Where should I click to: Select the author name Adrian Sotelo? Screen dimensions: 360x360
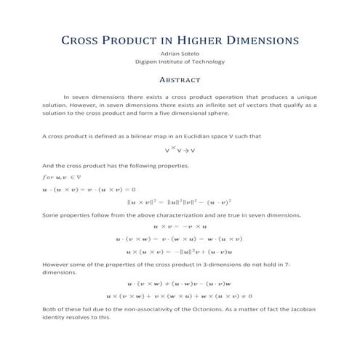(179, 54)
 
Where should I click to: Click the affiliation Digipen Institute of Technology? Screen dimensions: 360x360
(180, 63)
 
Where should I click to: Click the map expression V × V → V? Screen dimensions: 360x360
(180, 151)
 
